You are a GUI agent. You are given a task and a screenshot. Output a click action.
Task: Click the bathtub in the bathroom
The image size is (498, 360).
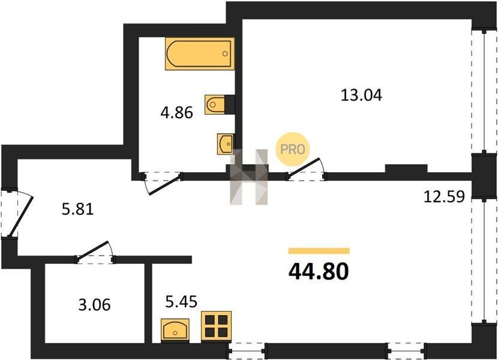(x=200, y=53)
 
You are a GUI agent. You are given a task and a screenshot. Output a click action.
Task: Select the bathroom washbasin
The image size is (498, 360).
(x=225, y=144)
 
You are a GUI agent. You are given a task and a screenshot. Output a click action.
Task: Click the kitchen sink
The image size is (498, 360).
(x=175, y=331)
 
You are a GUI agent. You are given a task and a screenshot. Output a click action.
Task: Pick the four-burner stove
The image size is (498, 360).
(x=216, y=326)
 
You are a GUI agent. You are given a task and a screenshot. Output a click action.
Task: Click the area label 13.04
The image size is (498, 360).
(x=361, y=95)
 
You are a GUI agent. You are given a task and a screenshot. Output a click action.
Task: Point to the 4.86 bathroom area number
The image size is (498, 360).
(x=176, y=112)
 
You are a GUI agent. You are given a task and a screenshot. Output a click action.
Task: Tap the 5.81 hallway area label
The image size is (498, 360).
(x=77, y=209)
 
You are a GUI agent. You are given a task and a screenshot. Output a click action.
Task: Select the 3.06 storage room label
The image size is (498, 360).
(x=94, y=305)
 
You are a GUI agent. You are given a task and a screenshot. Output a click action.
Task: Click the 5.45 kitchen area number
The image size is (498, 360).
(x=181, y=301)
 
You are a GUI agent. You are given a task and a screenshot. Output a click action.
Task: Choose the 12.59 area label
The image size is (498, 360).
(x=445, y=196)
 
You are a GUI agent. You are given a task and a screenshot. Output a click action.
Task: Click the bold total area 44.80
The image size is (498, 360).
(x=319, y=272)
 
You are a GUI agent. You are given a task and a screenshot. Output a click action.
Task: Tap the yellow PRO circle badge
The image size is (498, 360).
(x=292, y=149)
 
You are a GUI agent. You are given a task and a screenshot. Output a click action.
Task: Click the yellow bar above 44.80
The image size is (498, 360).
(x=319, y=251)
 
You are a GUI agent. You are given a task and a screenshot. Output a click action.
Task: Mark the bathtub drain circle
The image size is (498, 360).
(x=225, y=53)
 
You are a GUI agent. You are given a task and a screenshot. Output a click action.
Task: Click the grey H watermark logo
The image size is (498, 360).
(x=249, y=176)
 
